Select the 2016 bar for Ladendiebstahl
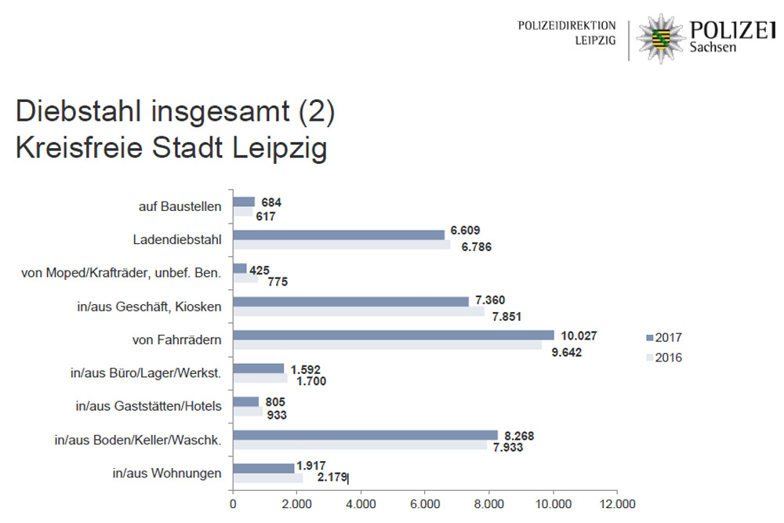[342, 245]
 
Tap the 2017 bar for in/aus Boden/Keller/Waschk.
[365, 434]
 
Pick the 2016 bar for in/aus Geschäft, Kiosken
[359, 311]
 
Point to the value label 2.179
[332, 477]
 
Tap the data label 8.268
[521, 434]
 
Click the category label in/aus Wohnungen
[167, 472]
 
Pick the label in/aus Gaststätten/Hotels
[149, 405]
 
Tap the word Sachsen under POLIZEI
[713, 49]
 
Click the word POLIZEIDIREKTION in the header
[567, 26]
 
